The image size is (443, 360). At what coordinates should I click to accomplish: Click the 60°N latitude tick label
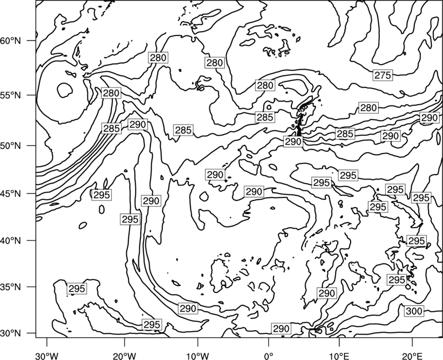pyautogui.click(x=11, y=41)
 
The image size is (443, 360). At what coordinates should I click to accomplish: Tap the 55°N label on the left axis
pyautogui.click(x=11, y=95)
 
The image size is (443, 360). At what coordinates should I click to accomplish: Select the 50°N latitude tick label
pyautogui.click(x=11, y=146)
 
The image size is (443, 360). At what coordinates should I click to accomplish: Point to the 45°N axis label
pyautogui.click(x=11, y=194)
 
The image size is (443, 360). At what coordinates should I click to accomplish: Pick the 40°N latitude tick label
pyautogui.click(x=11, y=241)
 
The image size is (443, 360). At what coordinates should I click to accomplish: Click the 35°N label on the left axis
pyautogui.click(x=11, y=287)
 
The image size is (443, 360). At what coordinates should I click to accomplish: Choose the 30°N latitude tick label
pyautogui.click(x=11, y=333)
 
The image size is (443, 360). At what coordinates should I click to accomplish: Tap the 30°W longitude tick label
pyautogui.click(x=47, y=356)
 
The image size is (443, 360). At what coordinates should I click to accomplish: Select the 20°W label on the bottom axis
pyautogui.click(x=124, y=356)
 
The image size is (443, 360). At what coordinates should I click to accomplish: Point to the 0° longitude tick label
pyautogui.click(x=269, y=356)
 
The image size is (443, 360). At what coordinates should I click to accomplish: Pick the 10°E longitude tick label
pyautogui.click(x=339, y=356)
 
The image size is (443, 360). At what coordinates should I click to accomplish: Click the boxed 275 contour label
pyautogui.click(x=383, y=75)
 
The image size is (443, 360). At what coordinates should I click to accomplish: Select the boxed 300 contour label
pyautogui.click(x=414, y=311)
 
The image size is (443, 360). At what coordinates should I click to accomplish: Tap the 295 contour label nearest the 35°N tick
pyautogui.click(x=77, y=289)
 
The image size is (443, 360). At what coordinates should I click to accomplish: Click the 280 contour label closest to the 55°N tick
pyautogui.click(x=111, y=93)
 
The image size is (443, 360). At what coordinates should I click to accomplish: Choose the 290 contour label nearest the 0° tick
pyautogui.click(x=281, y=328)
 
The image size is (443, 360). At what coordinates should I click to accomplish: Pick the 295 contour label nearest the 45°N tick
pyautogui.click(x=101, y=195)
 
